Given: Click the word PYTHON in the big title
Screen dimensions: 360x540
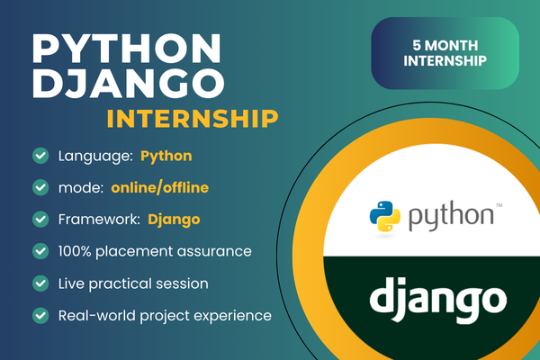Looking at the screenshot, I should click(125, 47).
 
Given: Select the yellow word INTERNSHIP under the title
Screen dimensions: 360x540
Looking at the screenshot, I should click(192, 119).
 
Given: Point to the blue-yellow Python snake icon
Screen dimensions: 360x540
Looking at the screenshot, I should click(385, 217).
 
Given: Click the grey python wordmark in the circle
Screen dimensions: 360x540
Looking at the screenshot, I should click(447, 217).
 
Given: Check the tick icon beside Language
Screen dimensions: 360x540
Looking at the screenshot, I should click(40, 156).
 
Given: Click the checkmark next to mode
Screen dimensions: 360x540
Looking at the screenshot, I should click(40, 187).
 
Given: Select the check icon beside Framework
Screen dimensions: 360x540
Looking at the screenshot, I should click(40, 219).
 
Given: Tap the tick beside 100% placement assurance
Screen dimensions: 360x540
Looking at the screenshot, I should click(40, 250).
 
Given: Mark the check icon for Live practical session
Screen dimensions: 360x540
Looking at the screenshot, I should click(40, 283).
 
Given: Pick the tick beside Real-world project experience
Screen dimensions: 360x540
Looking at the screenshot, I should click(40, 315).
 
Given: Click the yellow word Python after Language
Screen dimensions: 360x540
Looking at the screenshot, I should click(166, 156).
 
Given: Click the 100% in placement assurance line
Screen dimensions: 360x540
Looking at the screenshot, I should click(77, 250).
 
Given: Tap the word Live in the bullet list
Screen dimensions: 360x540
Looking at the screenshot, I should click(72, 283).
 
